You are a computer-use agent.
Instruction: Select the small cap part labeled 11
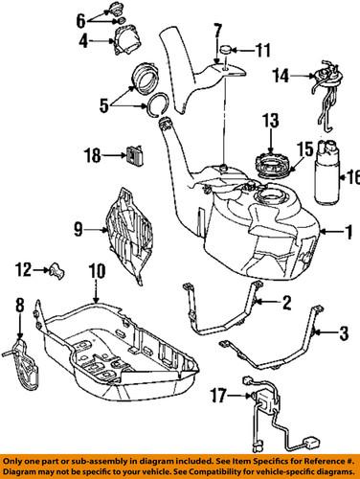tap(227, 48)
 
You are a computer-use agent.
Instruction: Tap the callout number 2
tap(285, 304)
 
